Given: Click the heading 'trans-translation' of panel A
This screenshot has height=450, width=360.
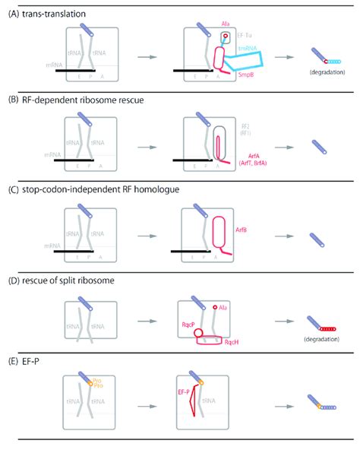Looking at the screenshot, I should (54, 14).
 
